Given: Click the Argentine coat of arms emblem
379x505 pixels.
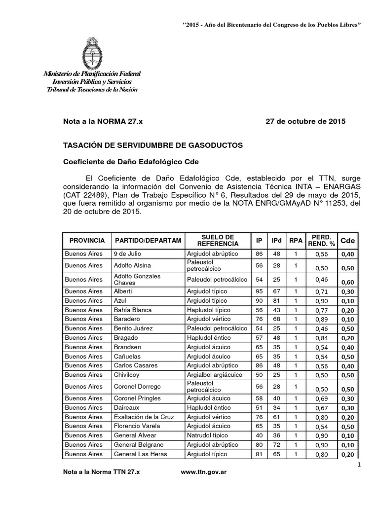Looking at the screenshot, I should pyautogui.click(x=92, y=52).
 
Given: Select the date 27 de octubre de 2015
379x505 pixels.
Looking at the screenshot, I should pyautogui.click(x=305, y=121).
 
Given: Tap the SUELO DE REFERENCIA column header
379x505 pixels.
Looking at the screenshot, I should pyautogui.click(x=218, y=241).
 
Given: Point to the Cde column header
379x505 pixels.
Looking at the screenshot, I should pyautogui.click(x=348, y=241).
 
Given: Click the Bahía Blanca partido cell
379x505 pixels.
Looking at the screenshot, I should pyautogui.click(x=133, y=310).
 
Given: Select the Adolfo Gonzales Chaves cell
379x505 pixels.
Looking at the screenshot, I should pyautogui.click(x=137, y=280).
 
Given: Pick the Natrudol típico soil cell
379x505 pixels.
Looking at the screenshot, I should pyautogui.click(x=206, y=435).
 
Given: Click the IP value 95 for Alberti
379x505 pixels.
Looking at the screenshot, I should pyautogui.click(x=259, y=291).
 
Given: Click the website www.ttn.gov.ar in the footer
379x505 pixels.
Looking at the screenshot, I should pyautogui.click(x=204, y=472).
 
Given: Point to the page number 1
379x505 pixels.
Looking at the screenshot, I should pyautogui.click(x=358, y=465).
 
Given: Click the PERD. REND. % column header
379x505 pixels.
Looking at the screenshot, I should pyautogui.click(x=322, y=241).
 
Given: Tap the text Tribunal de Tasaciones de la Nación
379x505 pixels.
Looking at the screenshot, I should pyautogui.click(x=92, y=89).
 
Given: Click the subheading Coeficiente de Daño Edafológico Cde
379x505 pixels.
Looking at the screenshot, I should pyautogui.click(x=130, y=162).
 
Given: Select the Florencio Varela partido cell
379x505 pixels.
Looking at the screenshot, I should pyautogui.click(x=135, y=426).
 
